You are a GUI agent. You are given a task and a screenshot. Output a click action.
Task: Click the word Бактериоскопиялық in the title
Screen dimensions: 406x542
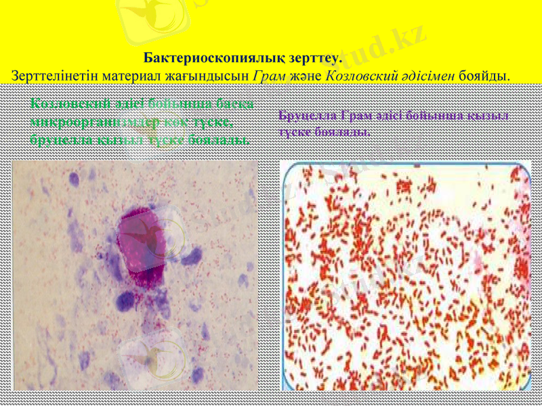(x=206, y=59)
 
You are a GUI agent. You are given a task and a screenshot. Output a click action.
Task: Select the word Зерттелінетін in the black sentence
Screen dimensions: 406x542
(x=54, y=74)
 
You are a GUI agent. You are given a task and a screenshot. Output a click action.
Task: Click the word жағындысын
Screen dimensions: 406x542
(x=206, y=74)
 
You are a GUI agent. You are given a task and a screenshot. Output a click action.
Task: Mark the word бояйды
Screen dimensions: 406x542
(x=484, y=74)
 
